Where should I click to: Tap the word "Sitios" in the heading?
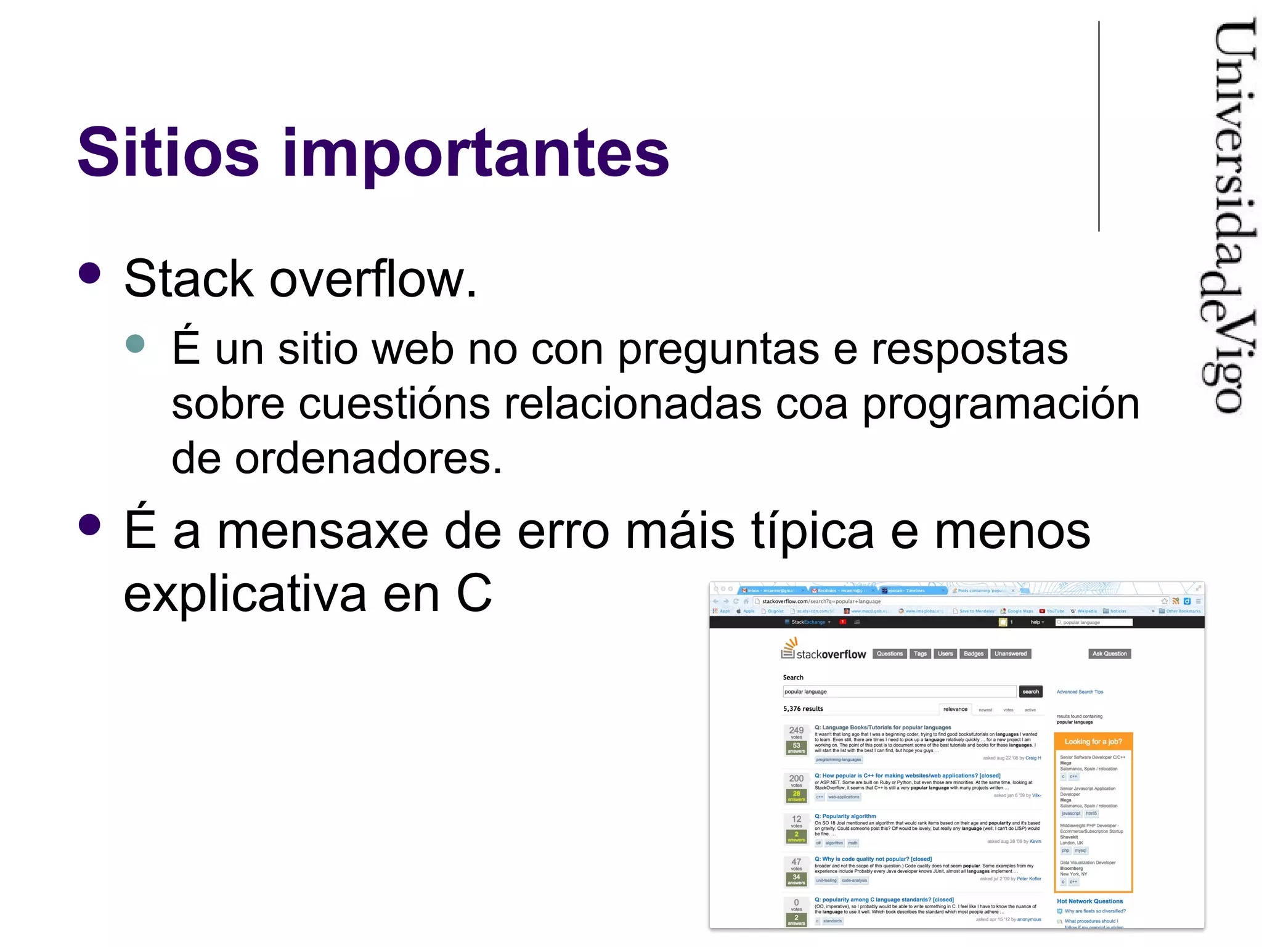pyautogui.click(x=168, y=152)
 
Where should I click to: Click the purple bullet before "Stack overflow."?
pyautogui.click(x=90, y=274)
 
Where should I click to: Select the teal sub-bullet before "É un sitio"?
pyautogui.click(x=135, y=343)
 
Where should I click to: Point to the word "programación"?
pyautogui.click(x=1001, y=406)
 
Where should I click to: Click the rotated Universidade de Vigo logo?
pyautogui.click(x=1227, y=216)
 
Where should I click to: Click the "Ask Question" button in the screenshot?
pyautogui.click(x=1109, y=654)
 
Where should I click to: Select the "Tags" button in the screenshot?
pyautogui.click(x=920, y=654)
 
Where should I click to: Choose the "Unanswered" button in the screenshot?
pyautogui.click(x=1011, y=654)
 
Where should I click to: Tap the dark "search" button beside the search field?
pyautogui.click(x=1030, y=692)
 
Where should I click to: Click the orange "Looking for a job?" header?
pyautogui.click(x=1093, y=742)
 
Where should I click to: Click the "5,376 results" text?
pyautogui.click(x=803, y=709)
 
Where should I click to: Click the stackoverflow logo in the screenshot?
pyautogui.click(x=823, y=651)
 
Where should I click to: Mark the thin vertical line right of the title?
pyautogui.click(x=1099, y=126)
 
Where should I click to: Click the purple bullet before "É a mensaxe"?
pyautogui.click(x=90, y=525)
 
